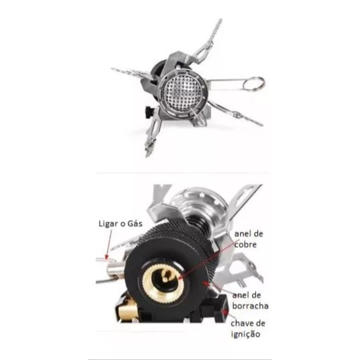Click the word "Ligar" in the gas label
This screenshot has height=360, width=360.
coord(108,224)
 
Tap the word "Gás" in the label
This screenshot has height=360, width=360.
coord(135,223)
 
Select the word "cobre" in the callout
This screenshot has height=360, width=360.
coord(245,244)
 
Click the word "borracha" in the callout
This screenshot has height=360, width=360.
coord(250,306)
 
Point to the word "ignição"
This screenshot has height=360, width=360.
coord(245,334)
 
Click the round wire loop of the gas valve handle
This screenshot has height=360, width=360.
coord(254,84)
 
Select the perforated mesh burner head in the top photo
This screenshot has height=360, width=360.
coord(182,92)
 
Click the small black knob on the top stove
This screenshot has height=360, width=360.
coord(149,112)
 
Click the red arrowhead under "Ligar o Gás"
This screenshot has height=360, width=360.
coord(106,257)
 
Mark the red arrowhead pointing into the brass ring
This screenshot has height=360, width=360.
coord(180,278)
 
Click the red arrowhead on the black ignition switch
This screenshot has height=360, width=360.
coord(226,312)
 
